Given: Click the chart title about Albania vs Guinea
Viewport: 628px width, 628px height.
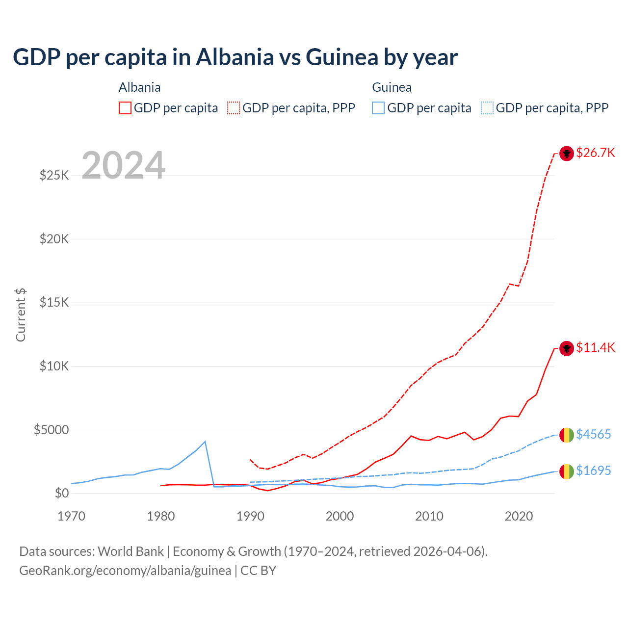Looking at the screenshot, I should (235, 57).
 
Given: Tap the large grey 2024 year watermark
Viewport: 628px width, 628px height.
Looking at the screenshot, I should (123, 165).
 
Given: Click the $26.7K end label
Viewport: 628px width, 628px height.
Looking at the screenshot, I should (595, 153).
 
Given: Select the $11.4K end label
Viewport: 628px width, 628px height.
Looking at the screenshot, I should (595, 347).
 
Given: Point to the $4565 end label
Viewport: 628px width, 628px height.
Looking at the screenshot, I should (593, 434).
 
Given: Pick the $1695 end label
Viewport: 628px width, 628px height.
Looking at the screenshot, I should (593, 471).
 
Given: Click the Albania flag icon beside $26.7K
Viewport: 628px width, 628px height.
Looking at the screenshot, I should (567, 154).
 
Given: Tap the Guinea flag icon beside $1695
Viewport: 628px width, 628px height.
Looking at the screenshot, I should (567, 471).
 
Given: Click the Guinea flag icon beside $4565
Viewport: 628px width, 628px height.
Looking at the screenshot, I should (567, 435).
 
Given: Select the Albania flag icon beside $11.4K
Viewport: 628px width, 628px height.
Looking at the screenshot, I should (567, 348).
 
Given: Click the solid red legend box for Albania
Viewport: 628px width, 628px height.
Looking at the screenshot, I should (125, 108).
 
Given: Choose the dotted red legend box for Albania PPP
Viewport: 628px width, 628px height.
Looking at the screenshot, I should (234, 108).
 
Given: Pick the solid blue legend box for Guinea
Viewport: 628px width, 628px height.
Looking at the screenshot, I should (378, 108).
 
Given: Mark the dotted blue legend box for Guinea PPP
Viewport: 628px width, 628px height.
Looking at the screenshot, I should (487, 108).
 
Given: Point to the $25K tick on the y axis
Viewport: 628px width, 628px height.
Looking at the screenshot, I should (54, 175).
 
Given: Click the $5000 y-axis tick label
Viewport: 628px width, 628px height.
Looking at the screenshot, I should (51, 430).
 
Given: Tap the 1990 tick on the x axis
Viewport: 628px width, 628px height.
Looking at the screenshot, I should (250, 516).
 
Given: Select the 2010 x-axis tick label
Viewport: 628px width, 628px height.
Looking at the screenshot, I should (429, 516).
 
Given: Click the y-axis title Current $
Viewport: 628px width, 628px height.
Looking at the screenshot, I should (21, 315).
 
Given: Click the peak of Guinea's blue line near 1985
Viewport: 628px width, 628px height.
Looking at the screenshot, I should (205, 442).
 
